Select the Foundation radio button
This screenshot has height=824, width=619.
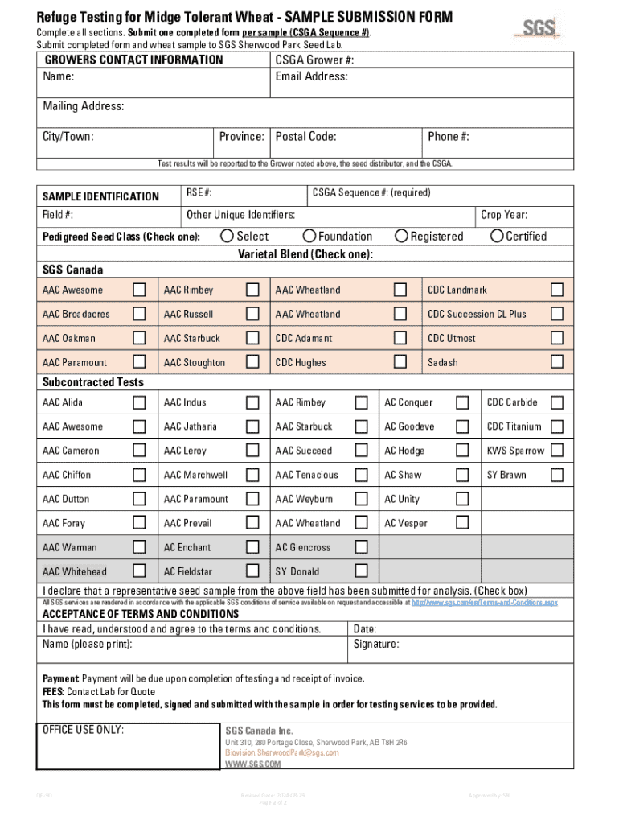tap(309, 236)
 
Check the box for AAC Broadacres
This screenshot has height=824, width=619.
tap(139, 314)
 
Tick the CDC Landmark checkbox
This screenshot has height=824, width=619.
tap(556, 290)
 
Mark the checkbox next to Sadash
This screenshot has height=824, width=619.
tap(556, 362)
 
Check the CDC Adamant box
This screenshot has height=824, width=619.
tap(400, 338)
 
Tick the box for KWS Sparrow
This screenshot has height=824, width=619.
tap(556, 451)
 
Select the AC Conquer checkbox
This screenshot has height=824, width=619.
tap(462, 402)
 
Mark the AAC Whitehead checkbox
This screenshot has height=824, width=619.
tap(139, 571)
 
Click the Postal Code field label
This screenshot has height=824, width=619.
tap(305, 137)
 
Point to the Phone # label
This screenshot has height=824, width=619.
tap(449, 137)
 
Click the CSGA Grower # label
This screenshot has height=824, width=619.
tap(314, 60)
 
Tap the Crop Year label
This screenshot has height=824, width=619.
tap(504, 215)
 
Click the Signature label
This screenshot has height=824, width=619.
tap(376, 645)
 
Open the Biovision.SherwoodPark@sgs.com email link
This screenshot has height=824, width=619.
tap(282, 752)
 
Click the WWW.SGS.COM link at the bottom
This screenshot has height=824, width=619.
tap(252, 764)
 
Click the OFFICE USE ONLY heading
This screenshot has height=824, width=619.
tap(83, 730)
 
